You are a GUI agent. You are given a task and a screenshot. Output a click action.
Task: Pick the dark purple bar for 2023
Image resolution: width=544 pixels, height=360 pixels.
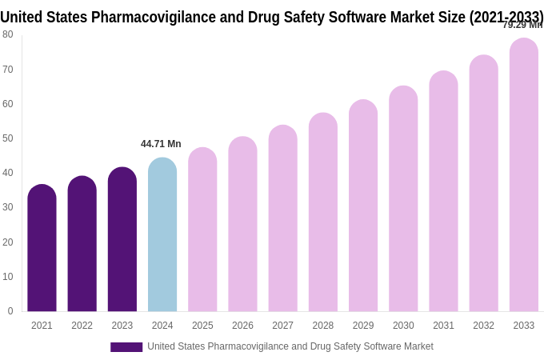(x=122, y=239)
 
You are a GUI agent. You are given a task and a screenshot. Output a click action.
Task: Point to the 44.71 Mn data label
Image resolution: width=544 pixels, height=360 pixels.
(x=161, y=144)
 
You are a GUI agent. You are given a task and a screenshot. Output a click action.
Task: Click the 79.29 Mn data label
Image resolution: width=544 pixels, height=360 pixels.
(x=522, y=25)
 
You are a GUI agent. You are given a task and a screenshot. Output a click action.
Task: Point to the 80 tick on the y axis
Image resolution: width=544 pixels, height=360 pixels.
(x=8, y=34)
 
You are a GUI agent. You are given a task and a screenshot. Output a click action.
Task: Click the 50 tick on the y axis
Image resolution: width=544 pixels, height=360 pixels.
(x=8, y=138)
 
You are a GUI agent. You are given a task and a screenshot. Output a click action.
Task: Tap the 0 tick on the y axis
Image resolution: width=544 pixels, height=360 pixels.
(x=10, y=311)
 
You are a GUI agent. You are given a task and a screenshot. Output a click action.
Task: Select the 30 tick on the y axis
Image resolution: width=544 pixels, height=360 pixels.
(x=8, y=207)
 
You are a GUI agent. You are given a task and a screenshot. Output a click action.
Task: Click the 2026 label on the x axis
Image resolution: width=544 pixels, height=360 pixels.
(x=242, y=326)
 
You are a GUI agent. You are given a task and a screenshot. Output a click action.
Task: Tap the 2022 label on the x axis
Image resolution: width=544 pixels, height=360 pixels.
(x=82, y=326)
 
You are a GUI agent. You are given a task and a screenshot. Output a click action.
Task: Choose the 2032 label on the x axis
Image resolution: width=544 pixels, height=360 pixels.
(x=483, y=326)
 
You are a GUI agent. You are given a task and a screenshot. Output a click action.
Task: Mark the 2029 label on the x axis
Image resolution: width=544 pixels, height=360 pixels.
(x=363, y=326)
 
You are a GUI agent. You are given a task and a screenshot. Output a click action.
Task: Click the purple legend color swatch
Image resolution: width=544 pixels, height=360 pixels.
(x=126, y=347)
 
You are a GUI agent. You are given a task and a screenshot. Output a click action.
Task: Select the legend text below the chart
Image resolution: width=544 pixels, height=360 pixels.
(x=290, y=346)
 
